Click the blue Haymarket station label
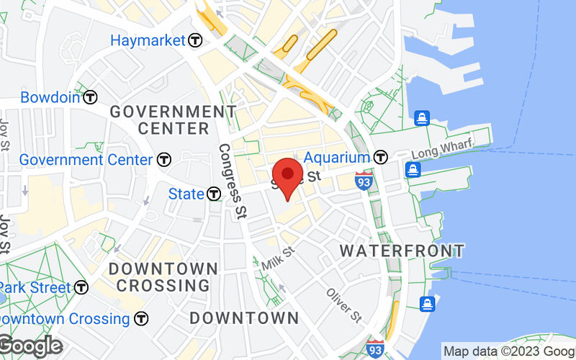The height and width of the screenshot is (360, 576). (148, 40)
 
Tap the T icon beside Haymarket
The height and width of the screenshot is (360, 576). (195, 41)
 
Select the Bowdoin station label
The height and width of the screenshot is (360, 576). (50, 97)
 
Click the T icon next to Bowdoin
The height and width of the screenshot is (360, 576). (90, 97)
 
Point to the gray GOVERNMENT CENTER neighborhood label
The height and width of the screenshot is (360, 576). (173, 120)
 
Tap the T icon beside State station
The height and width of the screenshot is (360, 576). (214, 194)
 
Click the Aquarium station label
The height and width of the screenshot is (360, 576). (337, 157)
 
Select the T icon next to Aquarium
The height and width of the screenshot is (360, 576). (381, 157)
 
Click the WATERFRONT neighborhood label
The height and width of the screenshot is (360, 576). (402, 251)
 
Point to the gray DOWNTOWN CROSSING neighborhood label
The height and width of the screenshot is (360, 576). (163, 276)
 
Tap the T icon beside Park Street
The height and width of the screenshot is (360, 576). (81, 287)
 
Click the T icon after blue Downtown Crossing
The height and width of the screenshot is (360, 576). (142, 318)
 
